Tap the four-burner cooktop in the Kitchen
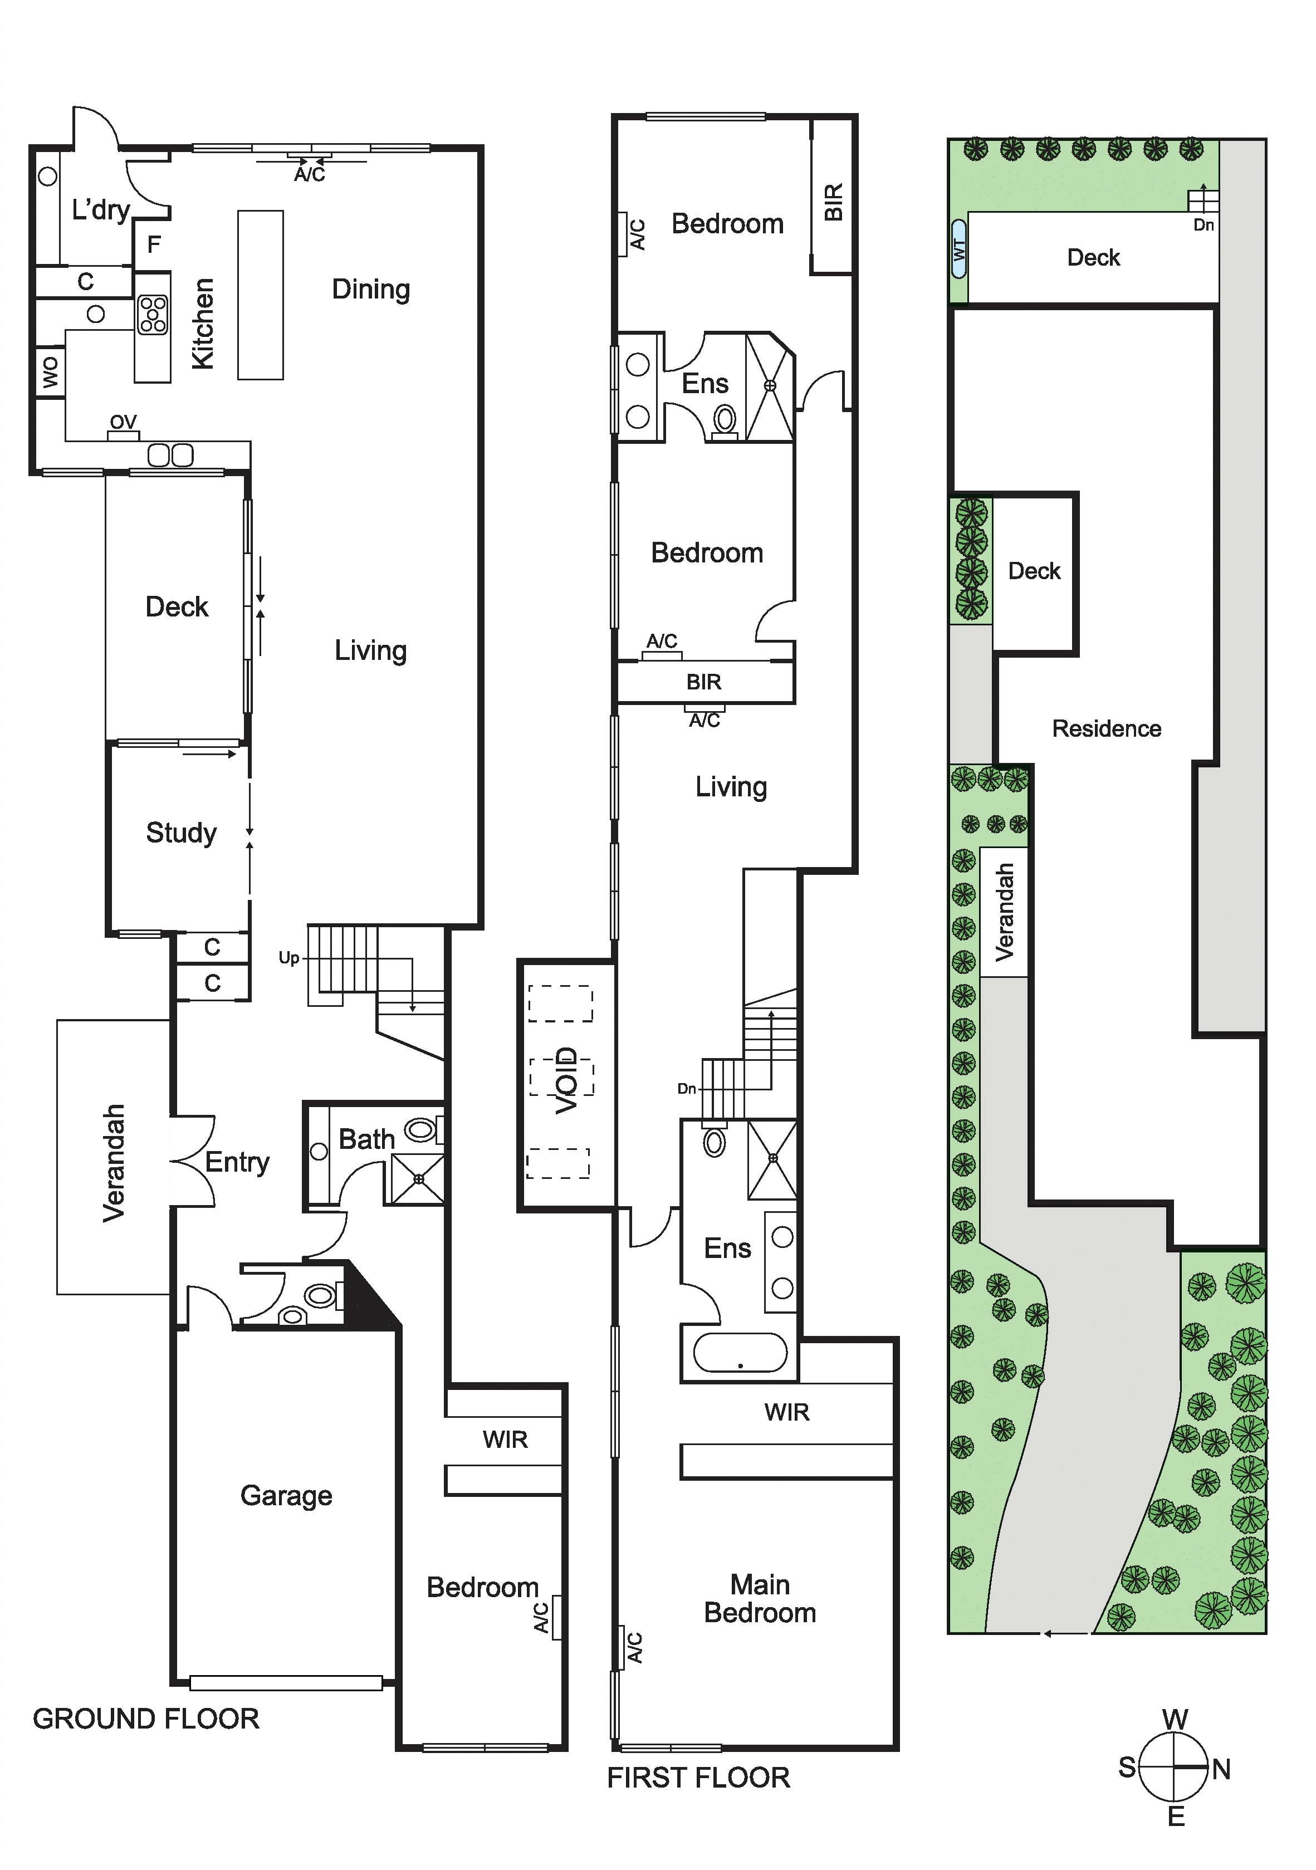coord(152,315)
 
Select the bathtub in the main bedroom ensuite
coord(740,1353)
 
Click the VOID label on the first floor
coord(566,1080)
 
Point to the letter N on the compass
coord(1221,1769)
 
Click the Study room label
coord(181,833)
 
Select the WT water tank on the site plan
coord(958,248)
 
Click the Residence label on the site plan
coord(1107,728)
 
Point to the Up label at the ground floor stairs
coord(288,958)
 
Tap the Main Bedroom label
coord(760,1599)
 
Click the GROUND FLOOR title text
coord(146,1719)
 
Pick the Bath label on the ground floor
coord(366,1139)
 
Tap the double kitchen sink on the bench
coord(170,454)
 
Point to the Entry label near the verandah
coord(237,1162)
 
